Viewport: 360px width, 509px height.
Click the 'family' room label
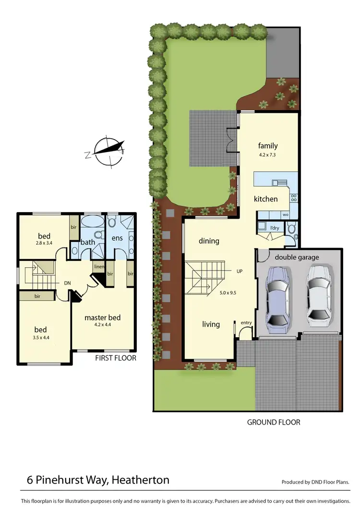tap(268, 146)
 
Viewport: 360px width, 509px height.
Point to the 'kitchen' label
tap(265, 199)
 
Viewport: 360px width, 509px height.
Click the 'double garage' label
tap(297, 257)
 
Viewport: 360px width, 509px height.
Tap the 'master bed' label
tap(102, 317)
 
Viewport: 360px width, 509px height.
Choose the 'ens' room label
tap(117, 238)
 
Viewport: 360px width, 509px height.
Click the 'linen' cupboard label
tap(99, 267)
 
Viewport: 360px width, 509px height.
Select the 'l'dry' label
tap(275, 228)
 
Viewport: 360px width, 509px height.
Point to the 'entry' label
tap(246, 322)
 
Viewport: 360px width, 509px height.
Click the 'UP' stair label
tap(240, 271)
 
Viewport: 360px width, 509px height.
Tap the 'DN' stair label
tap(68, 283)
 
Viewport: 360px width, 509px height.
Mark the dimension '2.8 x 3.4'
tap(44, 244)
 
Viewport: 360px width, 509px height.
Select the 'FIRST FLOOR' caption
tap(116, 358)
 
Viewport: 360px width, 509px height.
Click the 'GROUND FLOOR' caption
tap(274, 422)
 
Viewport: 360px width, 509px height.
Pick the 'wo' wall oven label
tap(285, 215)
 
